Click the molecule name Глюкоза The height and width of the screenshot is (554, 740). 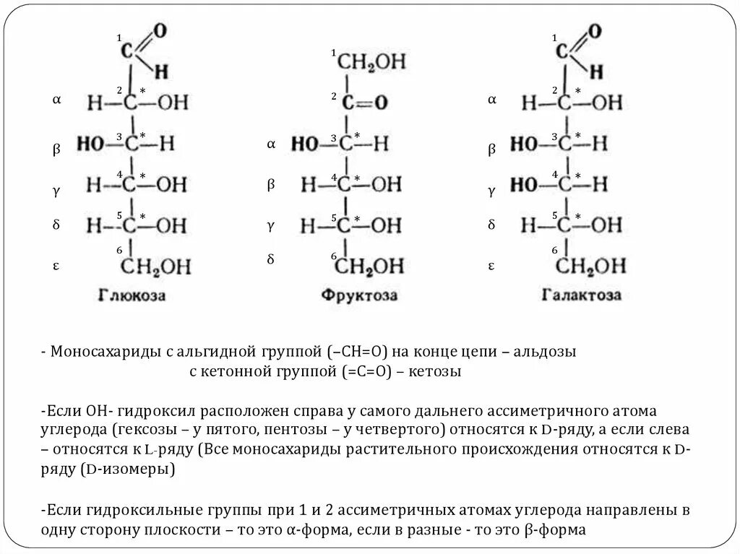[132, 295]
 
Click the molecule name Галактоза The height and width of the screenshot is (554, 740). [581, 295]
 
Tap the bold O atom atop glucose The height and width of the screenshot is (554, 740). [160, 30]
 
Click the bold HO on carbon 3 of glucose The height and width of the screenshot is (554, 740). [92, 143]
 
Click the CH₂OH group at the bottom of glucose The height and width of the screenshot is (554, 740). [155, 267]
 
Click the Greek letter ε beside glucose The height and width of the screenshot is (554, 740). [56, 266]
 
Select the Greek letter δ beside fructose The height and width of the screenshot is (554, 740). [271, 258]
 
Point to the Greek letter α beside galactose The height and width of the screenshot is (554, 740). [491, 100]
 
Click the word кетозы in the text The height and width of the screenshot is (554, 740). [436, 372]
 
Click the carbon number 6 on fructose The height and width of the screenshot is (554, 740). [334, 256]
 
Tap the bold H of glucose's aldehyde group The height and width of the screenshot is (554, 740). [161, 71]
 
